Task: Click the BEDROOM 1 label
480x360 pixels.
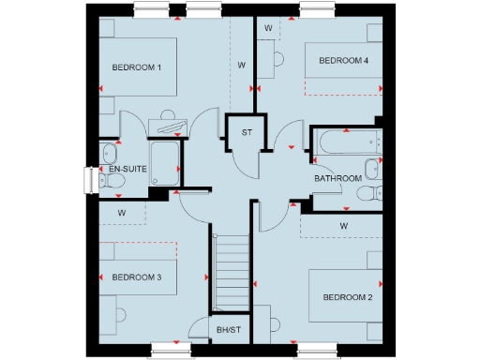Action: coord(137,67)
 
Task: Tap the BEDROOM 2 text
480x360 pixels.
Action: coord(348,297)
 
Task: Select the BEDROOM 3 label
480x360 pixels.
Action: coord(137,277)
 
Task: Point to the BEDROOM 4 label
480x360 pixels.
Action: coord(344,61)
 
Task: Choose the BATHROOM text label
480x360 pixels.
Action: coord(337,178)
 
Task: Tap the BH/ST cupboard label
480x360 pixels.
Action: coord(229,330)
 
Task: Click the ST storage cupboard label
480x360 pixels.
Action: coord(247,132)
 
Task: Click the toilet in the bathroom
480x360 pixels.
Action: coord(368,193)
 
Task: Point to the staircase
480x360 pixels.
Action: coord(231,272)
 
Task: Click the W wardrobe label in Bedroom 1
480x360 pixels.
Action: coord(241,66)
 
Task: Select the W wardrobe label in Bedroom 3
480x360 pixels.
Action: coord(121,213)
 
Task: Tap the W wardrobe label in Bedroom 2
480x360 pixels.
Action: coord(344,226)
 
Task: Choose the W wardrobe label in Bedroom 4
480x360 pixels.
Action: coord(268,28)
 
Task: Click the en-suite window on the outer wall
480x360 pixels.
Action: coord(89,179)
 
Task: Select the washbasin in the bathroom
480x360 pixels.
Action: coord(372,169)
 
